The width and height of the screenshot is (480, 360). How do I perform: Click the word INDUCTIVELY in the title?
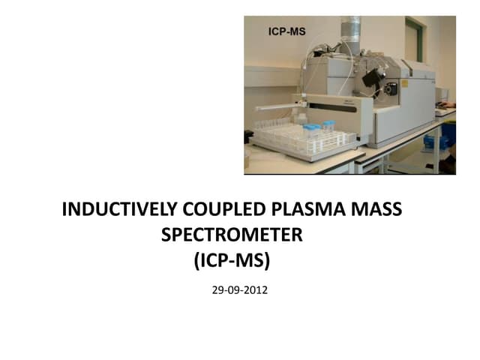pos(116,210)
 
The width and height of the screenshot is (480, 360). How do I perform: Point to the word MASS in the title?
pos(379,210)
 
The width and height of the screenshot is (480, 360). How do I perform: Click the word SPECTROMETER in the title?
pos(232,235)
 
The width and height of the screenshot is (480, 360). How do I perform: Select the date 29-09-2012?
pos(240,289)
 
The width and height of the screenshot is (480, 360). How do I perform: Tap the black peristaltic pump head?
pos(389,88)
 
